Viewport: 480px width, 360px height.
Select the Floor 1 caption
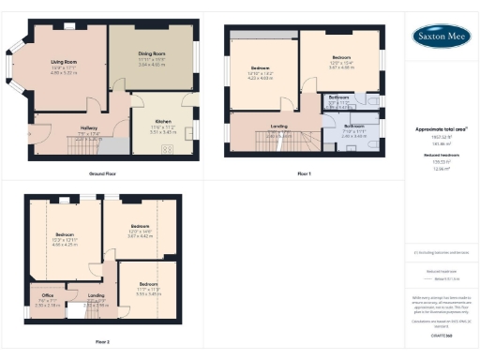click(303, 174)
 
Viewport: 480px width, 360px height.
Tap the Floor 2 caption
click(101, 340)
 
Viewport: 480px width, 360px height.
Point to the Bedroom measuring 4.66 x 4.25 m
click(64, 233)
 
